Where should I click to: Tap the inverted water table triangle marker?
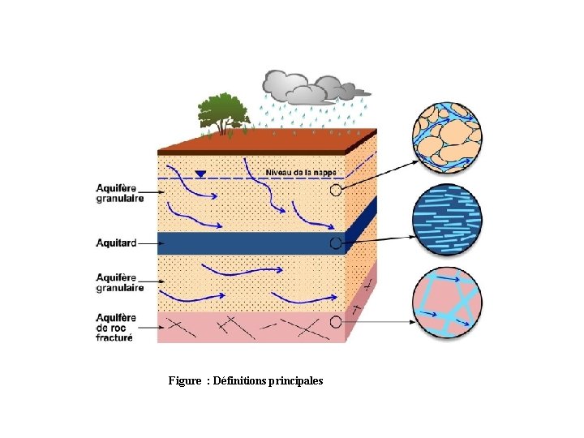pyautogui.click(x=200, y=174)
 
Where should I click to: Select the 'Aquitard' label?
pyautogui.click(x=116, y=243)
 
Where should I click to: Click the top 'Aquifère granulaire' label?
pyautogui.click(x=120, y=192)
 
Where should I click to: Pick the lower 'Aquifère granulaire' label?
pyautogui.click(x=120, y=282)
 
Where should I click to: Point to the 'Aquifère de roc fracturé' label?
pyautogui.click(x=116, y=328)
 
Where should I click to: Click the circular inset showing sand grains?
pyautogui.click(x=447, y=136)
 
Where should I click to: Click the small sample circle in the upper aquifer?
pyautogui.click(x=337, y=191)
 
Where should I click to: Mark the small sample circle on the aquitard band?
pyautogui.click(x=335, y=243)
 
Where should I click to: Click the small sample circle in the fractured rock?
pyautogui.click(x=336, y=322)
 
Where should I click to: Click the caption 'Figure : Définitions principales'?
pyautogui.click(x=246, y=380)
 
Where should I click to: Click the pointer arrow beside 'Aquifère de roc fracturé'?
pyautogui.click(x=148, y=328)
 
